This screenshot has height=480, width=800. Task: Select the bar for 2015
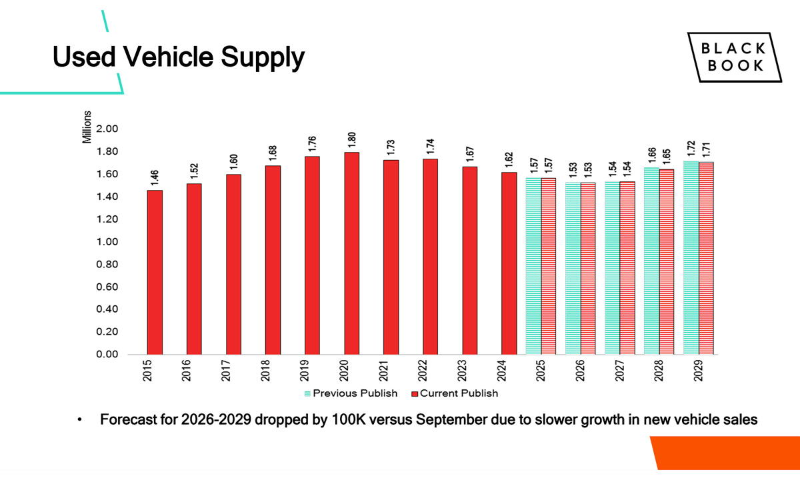click(155, 272)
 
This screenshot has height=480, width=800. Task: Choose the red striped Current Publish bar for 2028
click(667, 261)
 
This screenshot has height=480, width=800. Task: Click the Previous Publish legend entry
click(351, 393)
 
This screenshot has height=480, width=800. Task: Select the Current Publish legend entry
click(455, 393)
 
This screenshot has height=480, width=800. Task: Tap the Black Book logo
click(735, 57)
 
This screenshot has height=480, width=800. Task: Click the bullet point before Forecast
click(79, 421)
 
